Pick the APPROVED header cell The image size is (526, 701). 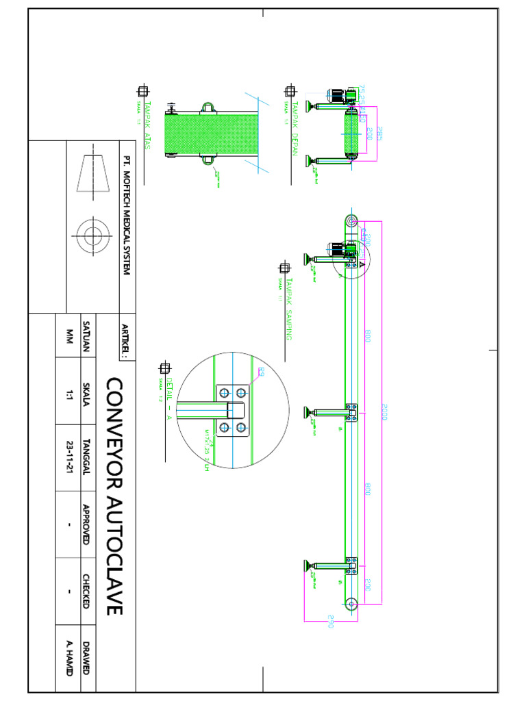(x=87, y=524)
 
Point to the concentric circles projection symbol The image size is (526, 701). (x=90, y=236)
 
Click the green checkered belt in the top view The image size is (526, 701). (x=212, y=134)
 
